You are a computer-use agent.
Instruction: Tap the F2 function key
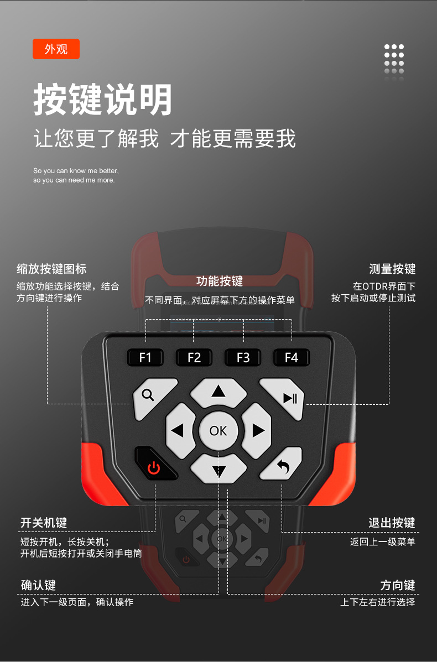tap(194, 357)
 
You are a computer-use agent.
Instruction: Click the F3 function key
tap(243, 357)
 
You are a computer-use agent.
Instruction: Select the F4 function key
tap(292, 357)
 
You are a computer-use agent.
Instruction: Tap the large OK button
tap(218, 430)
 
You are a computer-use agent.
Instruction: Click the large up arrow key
tap(218, 392)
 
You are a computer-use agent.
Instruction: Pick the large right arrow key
tap(257, 430)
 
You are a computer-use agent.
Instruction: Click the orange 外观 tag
tap(56, 49)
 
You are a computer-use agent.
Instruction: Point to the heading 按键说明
tap(103, 100)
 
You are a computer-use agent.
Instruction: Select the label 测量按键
tap(392, 269)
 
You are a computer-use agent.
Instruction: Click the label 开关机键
tap(44, 523)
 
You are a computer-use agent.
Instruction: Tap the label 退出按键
tap(392, 523)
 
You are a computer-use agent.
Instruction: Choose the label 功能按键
tap(220, 282)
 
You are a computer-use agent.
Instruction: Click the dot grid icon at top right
tap(394, 59)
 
